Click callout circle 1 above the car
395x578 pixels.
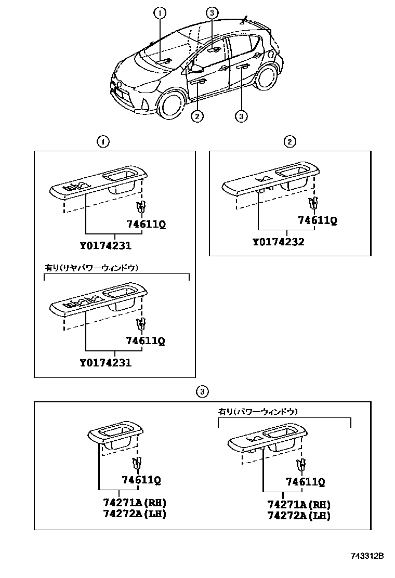coord(160,12)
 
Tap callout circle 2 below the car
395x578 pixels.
coord(196,116)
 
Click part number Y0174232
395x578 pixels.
coord(279,242)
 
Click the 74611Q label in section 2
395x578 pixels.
coord(318,220)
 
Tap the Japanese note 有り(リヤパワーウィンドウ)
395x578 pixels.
coord(91,268)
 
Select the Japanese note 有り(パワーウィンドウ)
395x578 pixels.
coord(258,411)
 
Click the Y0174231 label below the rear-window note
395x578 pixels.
coord(106,363)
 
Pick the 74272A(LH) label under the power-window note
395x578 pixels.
coord(299,516)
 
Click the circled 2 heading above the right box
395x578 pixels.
coord(290,141)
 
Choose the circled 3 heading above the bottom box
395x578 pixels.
coord(203,391)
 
